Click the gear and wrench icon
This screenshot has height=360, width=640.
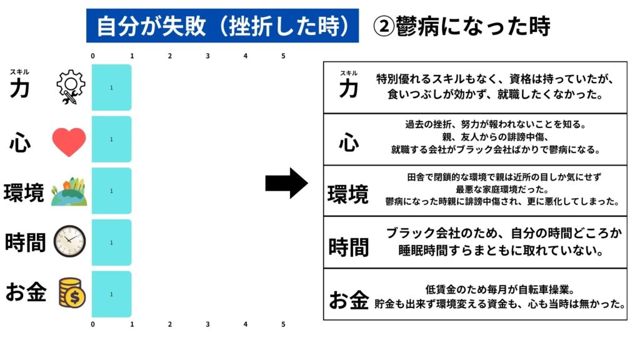click(x=70, y=87)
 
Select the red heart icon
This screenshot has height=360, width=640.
click(x=69, y=142)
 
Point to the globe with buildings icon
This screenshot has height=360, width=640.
click(x=69, y=191)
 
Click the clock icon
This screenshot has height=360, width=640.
click(x=70, y=241)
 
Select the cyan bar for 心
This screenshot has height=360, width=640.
click(x=112, y=139)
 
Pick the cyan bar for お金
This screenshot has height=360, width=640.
click(x=112, y=294)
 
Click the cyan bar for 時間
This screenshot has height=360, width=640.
click(x=112, y=242)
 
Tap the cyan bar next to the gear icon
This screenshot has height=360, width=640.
click(x=112, y=87)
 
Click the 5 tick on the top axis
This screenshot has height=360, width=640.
click(x=283, y=56)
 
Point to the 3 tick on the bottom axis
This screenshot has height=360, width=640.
click(x=207, y=324)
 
